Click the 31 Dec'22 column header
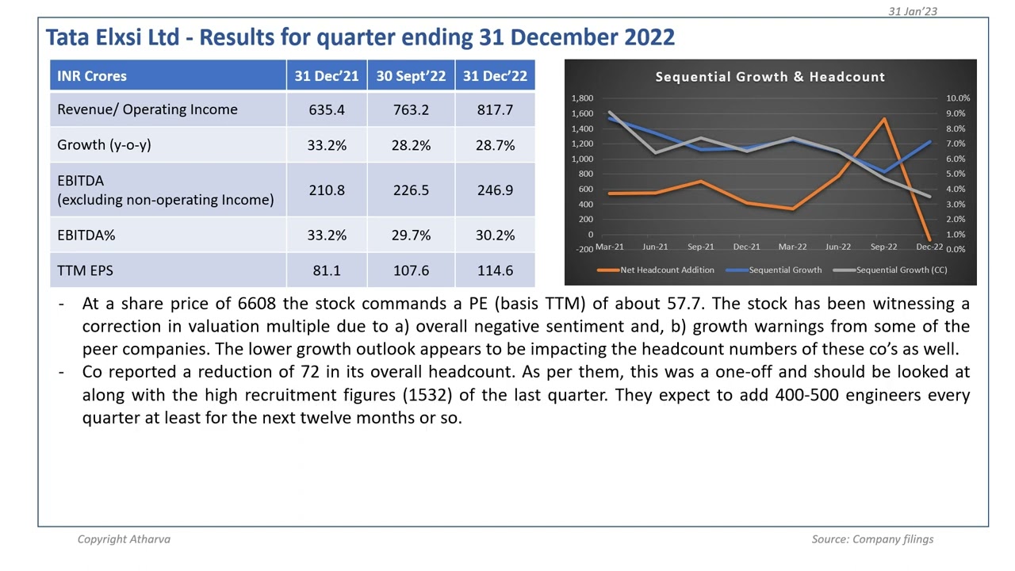point(495,76)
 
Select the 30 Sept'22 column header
point(411,76)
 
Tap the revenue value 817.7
point(495,109)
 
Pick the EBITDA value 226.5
point(411,190)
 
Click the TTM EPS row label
point(85,270)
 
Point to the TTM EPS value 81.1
point(327,270)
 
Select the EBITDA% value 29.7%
point(411,236)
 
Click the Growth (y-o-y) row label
point(104,145)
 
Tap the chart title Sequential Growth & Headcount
point(770,77)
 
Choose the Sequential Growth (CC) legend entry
point(901,270)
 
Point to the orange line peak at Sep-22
point(884,120)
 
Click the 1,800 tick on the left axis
point(582,98)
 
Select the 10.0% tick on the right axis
point(957,98)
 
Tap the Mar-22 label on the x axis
point(792,247)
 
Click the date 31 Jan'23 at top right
point(913,11)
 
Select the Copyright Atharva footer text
point(124,539)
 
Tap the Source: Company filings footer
point(872,539)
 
